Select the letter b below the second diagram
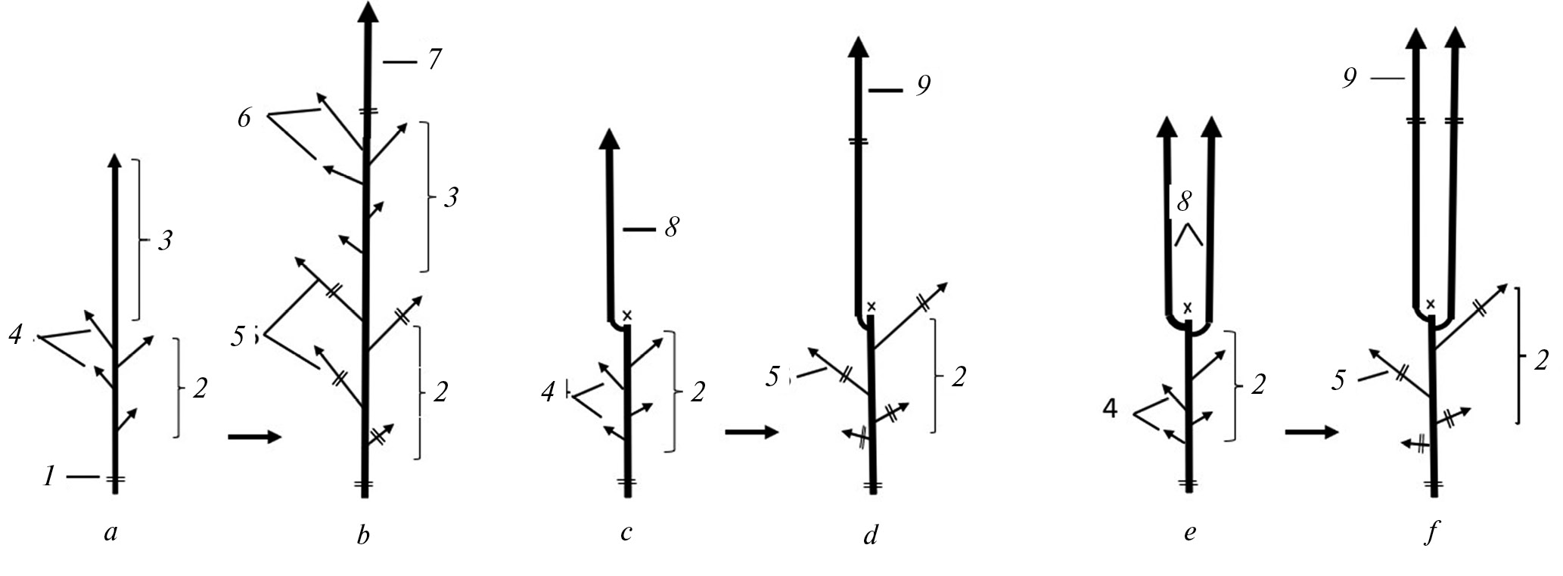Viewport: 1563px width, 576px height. [x=363, y=535]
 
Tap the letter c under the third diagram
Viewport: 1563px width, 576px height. [x=626, y=534]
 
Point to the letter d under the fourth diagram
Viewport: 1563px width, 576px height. [x=872, y=534]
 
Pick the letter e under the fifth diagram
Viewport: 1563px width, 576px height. [x=1189, y=534]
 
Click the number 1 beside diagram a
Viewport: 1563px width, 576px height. [x=49, y=476]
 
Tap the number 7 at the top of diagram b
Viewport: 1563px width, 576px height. [x=433, y=59]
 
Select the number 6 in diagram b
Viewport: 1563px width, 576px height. [x=244, y=119]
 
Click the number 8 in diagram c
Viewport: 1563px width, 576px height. [x=671, y=228]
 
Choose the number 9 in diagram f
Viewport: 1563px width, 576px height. [x=1350, y=78]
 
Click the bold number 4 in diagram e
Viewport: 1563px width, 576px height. [x=1110, y=409]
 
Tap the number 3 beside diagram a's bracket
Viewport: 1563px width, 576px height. [x=166, y=242]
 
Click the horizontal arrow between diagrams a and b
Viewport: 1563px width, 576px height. [x=254, y=437]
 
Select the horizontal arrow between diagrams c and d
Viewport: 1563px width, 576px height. [x=752, y=432]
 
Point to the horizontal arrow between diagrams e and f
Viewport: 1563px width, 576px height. [x=1312, y=432]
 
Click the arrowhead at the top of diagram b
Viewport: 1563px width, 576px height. [x=368, y=14]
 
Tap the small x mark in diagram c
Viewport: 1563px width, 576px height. [x=626, y=314]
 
